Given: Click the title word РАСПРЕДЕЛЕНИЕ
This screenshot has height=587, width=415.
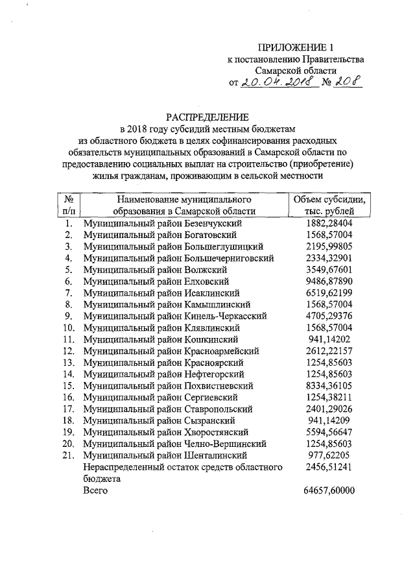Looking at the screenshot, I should point(207,117).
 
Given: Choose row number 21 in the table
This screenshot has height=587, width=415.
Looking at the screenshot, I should point(68,456).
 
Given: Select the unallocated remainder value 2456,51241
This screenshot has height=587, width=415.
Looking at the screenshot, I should point(329,468).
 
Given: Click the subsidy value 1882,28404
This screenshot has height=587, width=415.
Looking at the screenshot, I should point(329,222).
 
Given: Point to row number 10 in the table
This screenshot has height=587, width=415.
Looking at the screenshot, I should point(68,328).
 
